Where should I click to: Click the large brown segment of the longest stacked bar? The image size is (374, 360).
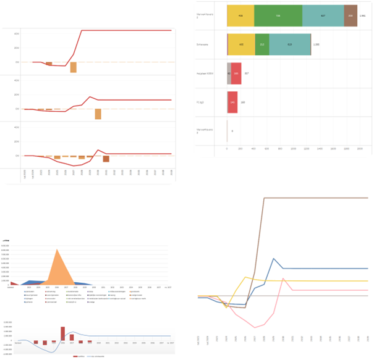coord(351,15)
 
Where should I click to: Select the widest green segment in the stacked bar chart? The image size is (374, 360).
coord(278,15)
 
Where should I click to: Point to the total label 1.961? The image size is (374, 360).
coord(363,15)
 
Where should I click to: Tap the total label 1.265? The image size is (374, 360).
coord(316,44)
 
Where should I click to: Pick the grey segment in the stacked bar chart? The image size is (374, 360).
coord(229,73)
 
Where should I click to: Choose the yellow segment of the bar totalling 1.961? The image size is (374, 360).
coord(240,15)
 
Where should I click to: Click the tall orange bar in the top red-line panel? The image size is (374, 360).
coord(73,67)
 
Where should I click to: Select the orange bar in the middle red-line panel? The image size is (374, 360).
coord(98,114)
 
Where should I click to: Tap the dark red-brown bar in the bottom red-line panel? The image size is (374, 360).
coord(106,159)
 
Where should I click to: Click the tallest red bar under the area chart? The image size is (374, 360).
coord(62,334)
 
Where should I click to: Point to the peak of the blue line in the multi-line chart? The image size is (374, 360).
coord(273,259)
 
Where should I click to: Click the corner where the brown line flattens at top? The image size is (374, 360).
coord(265,198)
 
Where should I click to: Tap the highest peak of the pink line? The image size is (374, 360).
coord(283,278)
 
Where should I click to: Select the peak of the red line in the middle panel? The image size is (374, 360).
coord(90,96)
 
